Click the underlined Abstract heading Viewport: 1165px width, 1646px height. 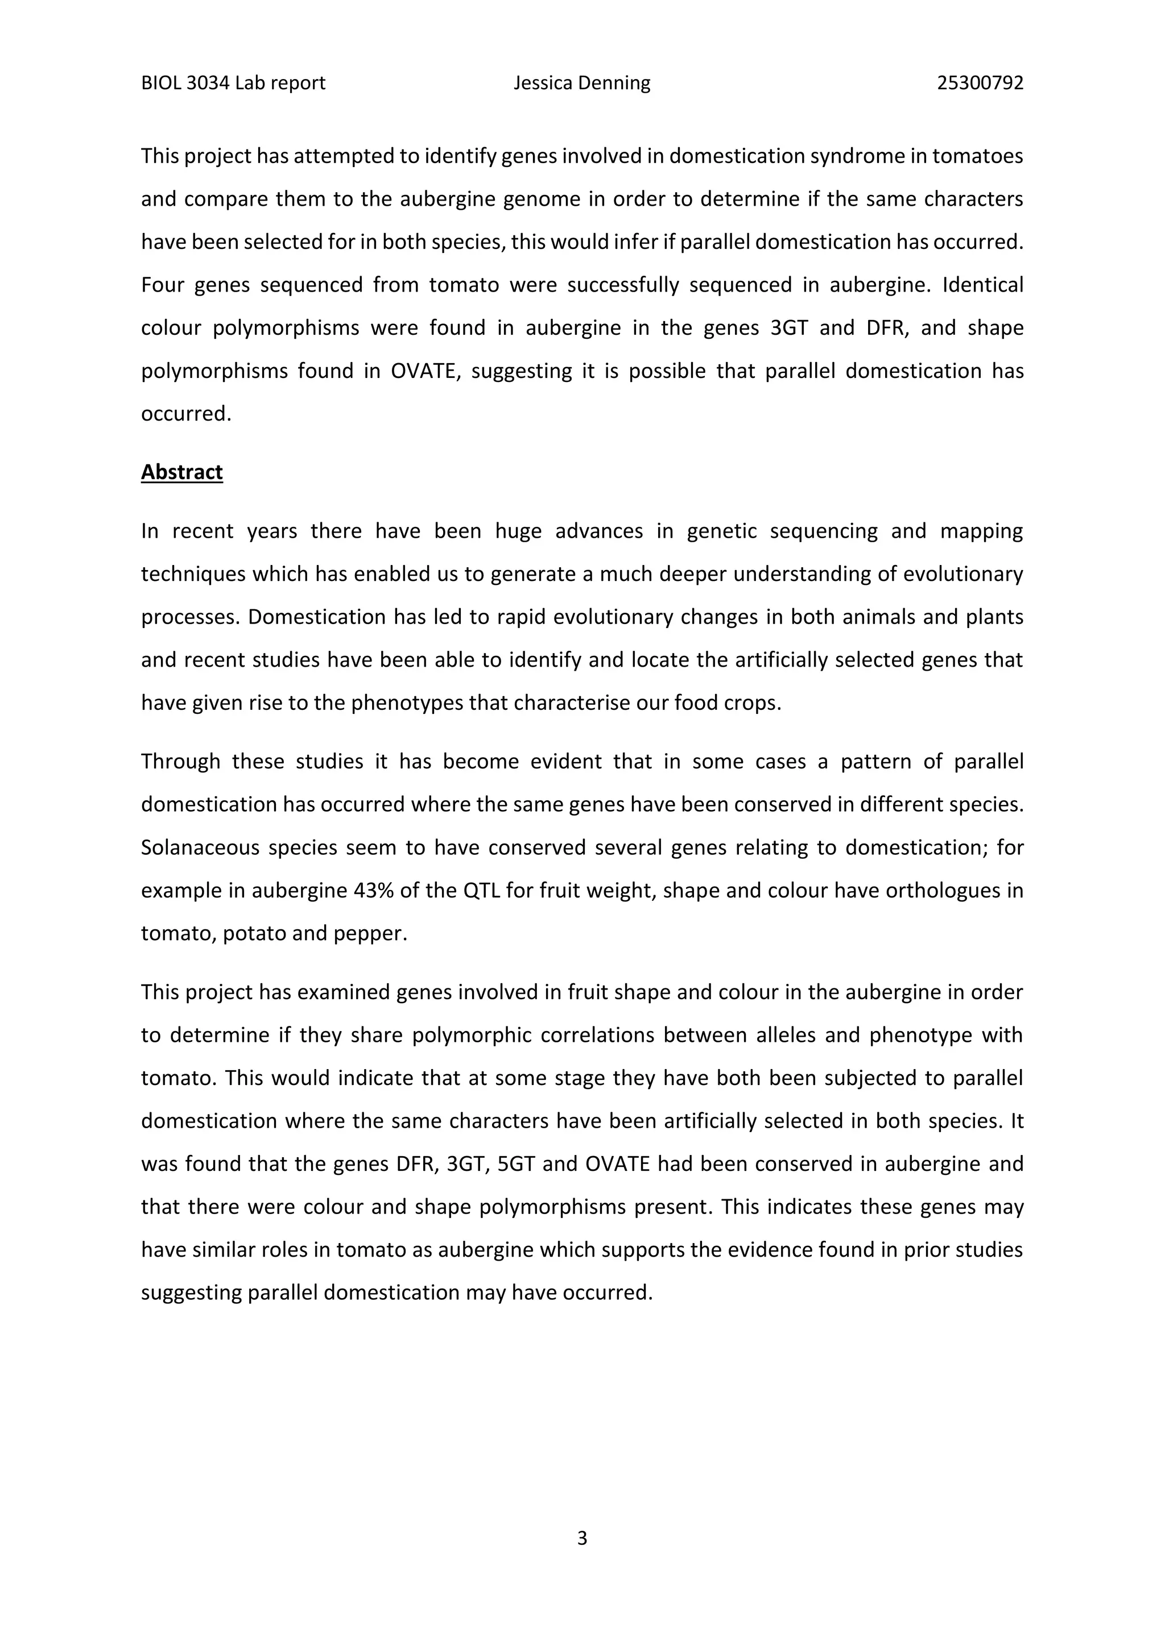(181, 472)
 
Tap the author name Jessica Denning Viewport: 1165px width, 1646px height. (582, 83)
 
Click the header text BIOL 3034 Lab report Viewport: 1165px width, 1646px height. (233, 83)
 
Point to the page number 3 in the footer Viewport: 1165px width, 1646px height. (582, 1538)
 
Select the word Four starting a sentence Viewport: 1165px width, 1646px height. (162, 285)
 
